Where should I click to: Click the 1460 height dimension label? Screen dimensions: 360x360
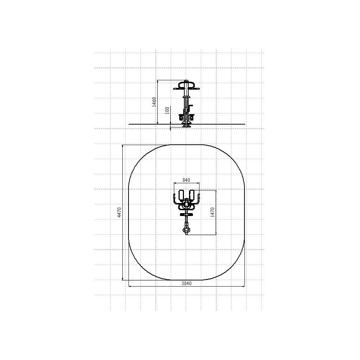pos(154,102)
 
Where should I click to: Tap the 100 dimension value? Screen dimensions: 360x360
pos(167,110)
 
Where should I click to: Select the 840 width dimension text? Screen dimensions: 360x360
pos(186,180)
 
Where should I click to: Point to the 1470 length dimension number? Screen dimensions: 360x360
pos(212,212)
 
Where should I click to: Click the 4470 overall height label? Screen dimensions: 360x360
pos(119,212)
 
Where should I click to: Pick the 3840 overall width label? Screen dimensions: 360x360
pos(186,283)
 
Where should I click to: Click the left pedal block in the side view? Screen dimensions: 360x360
pos(181,118)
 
